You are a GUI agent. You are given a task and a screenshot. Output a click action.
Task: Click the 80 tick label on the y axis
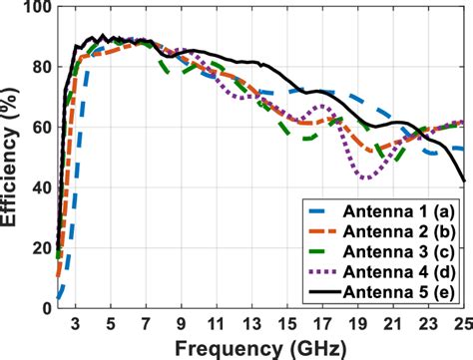coord(37,68)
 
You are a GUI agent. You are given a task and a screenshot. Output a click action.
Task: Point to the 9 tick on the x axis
coord(182,321)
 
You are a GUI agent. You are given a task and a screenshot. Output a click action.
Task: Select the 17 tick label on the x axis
coord(323,321)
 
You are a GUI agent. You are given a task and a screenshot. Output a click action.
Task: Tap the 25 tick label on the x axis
coord(463,321)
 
